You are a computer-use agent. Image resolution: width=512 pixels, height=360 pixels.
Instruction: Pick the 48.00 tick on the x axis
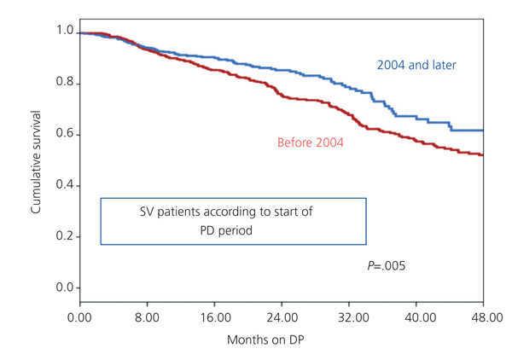click(x=484, y=316)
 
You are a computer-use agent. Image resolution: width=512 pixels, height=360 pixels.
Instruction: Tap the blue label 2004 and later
click(x=418, y=65)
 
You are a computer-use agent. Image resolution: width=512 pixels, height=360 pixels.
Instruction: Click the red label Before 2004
click(x=311, y=142)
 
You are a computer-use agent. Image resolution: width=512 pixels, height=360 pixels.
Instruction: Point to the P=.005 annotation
click(x=386, y=266)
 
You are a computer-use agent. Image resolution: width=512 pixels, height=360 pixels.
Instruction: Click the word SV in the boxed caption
click(x=148, y=211)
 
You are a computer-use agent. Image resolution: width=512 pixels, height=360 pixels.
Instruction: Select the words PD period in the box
click(x=233, y=229)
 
